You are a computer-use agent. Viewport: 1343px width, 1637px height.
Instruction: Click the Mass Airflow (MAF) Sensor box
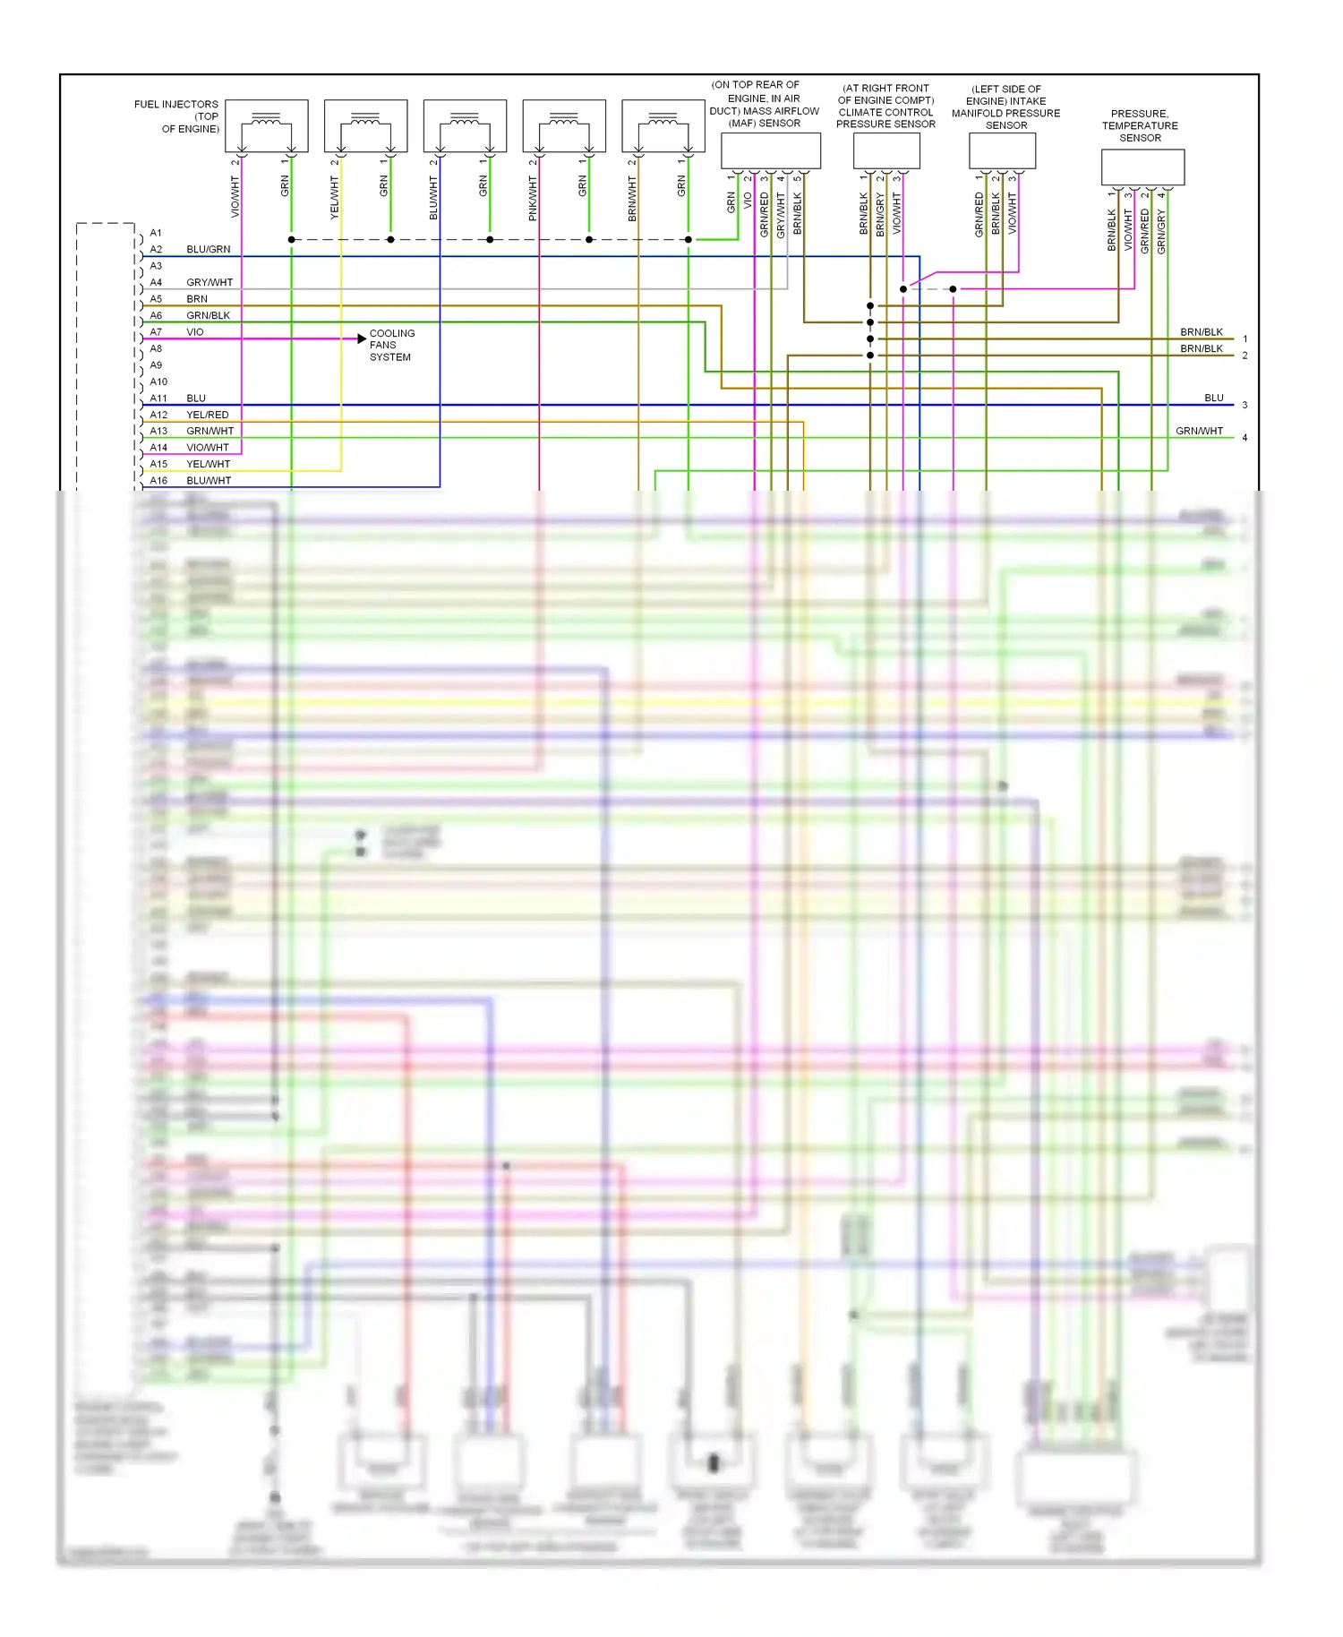pyautogui.click(x=770, y=150)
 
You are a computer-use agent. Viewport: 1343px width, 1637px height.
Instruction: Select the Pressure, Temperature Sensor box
pyautogui.click(x=1142, y=167)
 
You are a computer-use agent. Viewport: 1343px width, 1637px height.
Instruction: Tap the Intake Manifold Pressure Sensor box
pyautogui.click(x=1002, y=150)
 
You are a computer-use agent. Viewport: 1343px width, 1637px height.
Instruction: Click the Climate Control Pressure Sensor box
pyautogui.click(x=886, y=150)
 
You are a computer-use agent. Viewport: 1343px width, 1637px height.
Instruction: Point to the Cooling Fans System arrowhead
pyautogui.click(x=362, y=339)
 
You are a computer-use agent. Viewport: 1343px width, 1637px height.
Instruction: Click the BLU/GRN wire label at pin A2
pyautogui.click(x=208, y=250)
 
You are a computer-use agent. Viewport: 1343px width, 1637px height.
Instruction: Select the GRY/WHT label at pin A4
pyautogui.click(x=210, y=283)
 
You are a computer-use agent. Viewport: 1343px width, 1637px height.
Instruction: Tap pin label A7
pyautogui.click(x=156, y=332)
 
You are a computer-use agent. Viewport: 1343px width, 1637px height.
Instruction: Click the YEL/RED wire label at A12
pyautogui.click(x=207, y=416)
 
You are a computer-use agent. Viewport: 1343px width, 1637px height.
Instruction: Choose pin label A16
pyautogui.click(x=158, y=481)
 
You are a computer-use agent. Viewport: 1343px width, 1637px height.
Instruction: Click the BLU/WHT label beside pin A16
pyautogui.click(x=209, y=481)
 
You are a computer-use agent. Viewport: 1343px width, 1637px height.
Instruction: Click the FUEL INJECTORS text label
pyautogui.click(x=176, y=105)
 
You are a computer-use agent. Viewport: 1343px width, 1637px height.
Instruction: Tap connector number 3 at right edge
pyautogui.click(x=1245, y=406)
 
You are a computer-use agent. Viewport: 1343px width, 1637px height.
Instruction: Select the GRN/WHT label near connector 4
pyautogui.click(x=1199, y=432)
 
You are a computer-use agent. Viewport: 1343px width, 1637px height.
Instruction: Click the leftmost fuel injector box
pyautogui.click(x=267, y=126)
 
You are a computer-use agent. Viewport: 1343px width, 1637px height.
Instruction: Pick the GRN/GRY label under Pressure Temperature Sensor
pyautogui.click(x=1161, y=232)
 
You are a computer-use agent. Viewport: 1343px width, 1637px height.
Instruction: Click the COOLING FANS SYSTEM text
pyautogui.click(x=391, y=346)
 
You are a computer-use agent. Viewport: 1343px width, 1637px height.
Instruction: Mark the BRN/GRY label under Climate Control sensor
pyautogui.click(x=880, y=215)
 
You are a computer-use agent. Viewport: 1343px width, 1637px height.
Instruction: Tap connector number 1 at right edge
pyautogui.click(x=1245, y=339)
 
